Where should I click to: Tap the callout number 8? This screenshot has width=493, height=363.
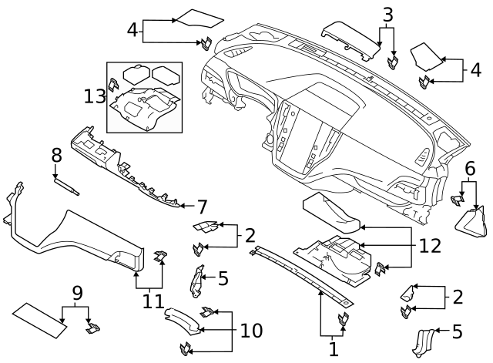pyautogui.click(x=56, y=155)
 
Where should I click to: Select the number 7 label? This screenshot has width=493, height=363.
pyautogui.click(x=202, y=207)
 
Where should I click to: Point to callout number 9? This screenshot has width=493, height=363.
pyautogui.click(x=76, y=293)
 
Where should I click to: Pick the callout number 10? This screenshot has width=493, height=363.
pyautogui.click(x=251, y=331)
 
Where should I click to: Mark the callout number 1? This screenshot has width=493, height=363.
pyautogui.click(x=333, y=349)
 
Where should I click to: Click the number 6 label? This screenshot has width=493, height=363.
pyautogui.click(x=469, y=169)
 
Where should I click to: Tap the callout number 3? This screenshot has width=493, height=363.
pyautogui.click(x=387, y=14)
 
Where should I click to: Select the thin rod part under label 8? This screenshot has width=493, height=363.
pyautogui.click(x=67, y=185)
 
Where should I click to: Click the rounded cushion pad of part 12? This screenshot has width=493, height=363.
pyautogui.click(x=331, y=213)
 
